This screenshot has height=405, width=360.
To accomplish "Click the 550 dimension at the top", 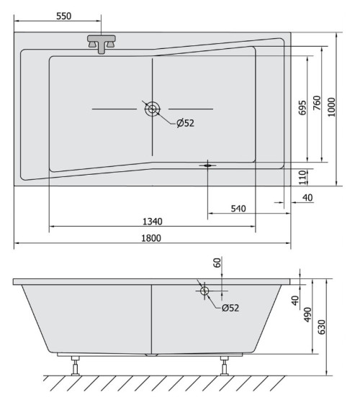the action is [x=63, y=16].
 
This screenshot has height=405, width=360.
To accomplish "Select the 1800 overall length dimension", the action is [x=151, y=238].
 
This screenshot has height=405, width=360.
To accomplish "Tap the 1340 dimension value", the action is [x=153, y=222].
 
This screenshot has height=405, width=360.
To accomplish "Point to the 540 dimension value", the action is [x=238, y=209].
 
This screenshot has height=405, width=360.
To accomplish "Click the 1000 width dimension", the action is [x=331, y=107].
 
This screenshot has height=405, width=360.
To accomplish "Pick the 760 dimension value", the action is [x=317, y=103].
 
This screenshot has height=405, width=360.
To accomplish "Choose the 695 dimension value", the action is [x=302, y=108].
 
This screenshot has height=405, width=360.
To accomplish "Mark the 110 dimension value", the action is [x=302, y=177].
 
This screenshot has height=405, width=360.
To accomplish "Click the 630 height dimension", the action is [x=322, y=327].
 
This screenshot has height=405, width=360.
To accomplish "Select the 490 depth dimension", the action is [x=307, y=314].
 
